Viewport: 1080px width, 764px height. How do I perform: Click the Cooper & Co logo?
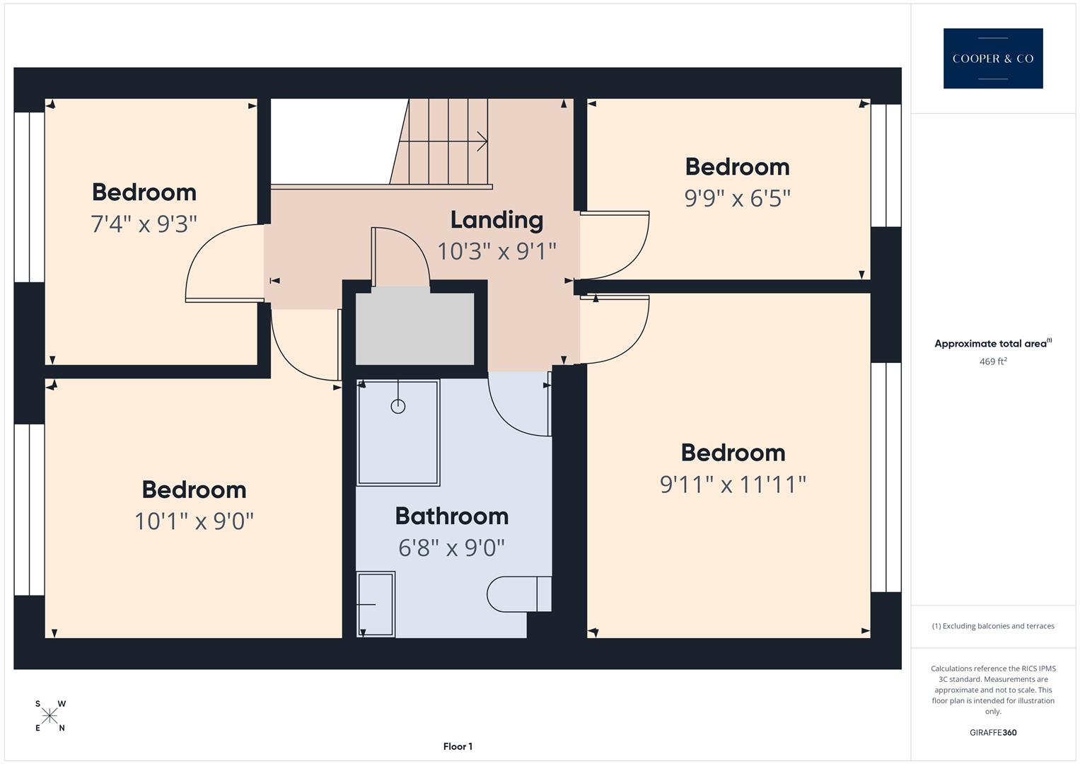click(x=992, y=58)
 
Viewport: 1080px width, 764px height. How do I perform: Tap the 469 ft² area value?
click(x=992, y=361)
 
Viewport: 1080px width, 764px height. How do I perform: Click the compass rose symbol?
click(x=50, y=716)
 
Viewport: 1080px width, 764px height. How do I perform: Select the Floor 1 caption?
click(x=458, y=746)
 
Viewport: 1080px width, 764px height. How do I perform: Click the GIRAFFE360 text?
click(x=992, y=732)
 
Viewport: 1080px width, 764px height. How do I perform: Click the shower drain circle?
click(x=398, y=406)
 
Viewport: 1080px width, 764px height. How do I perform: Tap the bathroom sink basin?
click(x=376, y=604)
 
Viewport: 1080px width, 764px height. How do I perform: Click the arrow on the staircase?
click(x=482, y=141)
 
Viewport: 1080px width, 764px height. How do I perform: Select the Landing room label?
click(x=497, y=220)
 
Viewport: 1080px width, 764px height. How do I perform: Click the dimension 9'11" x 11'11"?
click(x=733, y=485)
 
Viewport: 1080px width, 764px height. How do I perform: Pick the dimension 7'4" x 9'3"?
click(x=144, y=224)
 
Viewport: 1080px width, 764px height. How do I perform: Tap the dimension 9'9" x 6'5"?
click(x=737, y=198)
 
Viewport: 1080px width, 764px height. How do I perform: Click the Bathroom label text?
click(x=451, y=516)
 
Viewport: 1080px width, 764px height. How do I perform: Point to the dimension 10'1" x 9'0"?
click(x=194, y=521)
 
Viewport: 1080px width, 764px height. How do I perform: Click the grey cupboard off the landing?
click(x=414, y=328)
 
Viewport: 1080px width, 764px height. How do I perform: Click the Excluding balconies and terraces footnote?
click(x=992, y=626)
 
